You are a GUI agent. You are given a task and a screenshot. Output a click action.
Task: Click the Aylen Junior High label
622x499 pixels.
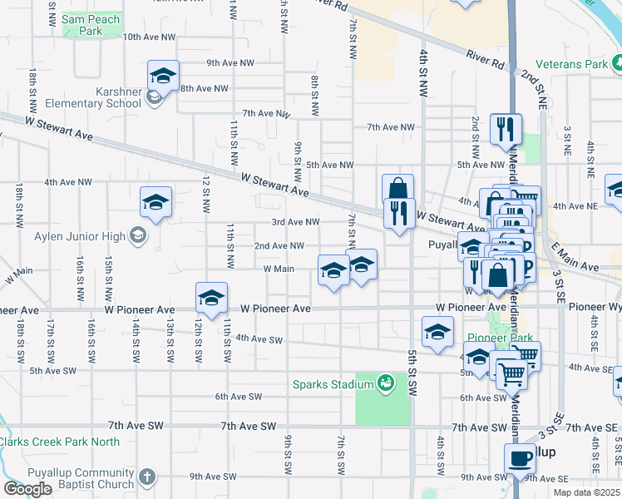(80, 236)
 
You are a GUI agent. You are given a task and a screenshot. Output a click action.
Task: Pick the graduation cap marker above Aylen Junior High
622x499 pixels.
(155, 202)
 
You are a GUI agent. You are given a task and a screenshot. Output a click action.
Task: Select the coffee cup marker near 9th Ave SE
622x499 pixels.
(521, 458)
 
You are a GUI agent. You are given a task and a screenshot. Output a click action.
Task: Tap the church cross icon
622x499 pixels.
(147, 478)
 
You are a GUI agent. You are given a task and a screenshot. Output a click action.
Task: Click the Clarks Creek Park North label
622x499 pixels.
(60, 442)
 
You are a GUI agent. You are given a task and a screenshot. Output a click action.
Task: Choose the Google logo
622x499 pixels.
(27, 489)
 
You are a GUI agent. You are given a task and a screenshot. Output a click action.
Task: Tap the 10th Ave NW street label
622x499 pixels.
(150, 37)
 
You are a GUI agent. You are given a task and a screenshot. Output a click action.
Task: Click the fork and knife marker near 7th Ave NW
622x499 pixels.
(506, 129)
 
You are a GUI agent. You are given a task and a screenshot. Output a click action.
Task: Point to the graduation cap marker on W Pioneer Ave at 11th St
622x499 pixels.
(212, 298)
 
